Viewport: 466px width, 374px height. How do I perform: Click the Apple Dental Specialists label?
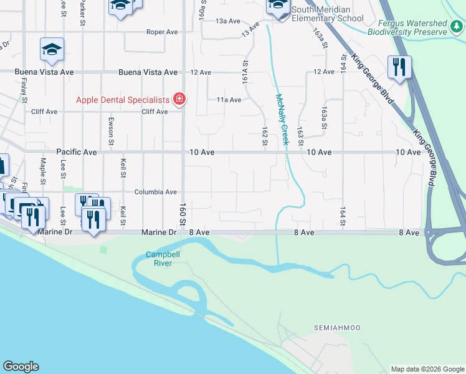[x=123, y=100]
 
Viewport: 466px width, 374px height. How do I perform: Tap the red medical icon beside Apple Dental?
[x=179, y=99]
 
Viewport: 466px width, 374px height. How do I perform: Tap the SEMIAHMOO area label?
[x=337, y=328]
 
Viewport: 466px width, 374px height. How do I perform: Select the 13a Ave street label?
[x=228, y=21]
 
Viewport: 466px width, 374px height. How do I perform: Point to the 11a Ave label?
[x=229, y=100]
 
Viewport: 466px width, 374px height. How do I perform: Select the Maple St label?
[x=43, y=170]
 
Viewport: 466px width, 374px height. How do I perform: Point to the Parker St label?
[x=82, y=12]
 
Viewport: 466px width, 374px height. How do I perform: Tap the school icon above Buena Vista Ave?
[x=52, y=50]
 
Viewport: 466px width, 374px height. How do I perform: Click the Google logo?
[x=21, y=367]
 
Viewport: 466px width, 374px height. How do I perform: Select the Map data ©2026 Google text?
[x=427, y=369]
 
